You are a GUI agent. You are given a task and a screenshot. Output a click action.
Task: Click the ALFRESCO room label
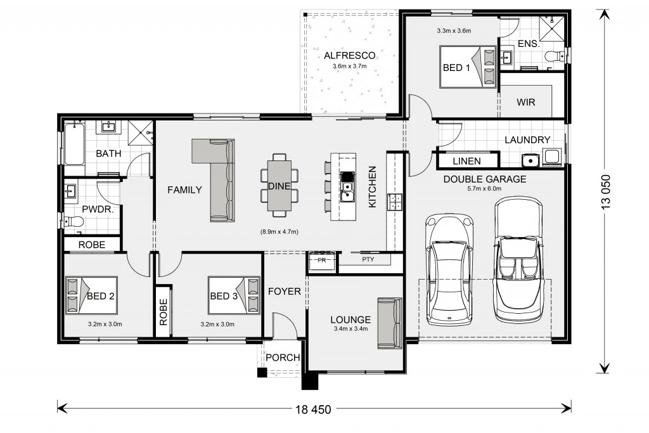350,55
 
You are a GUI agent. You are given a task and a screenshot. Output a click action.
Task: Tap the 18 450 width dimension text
313,410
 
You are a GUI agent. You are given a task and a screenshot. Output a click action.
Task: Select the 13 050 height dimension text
606,192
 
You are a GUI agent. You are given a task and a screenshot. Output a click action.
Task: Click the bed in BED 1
468,67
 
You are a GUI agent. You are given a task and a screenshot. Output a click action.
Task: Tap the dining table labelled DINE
280,186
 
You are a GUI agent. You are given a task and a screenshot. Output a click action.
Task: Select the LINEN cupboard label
467,161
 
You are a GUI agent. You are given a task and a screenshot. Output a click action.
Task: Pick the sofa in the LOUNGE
390,324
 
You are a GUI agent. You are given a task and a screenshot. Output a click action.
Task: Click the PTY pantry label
368,259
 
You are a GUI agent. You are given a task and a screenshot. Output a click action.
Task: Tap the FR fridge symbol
321,261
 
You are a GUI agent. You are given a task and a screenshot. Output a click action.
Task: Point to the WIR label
525,102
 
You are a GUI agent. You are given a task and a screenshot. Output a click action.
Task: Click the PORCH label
283,358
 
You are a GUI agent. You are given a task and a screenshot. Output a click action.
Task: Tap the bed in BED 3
235,296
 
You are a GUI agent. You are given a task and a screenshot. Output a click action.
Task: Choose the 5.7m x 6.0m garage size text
484,189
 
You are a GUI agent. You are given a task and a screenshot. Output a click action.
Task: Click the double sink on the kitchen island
347,186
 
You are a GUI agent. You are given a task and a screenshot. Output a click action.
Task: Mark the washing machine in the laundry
552,157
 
